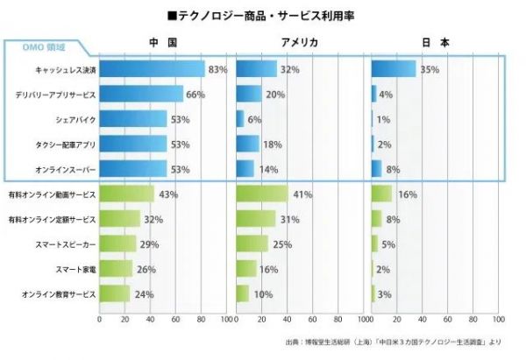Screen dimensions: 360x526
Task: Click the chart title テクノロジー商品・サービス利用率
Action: click(x=262, y=15)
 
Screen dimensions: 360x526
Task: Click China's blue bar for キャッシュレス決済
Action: click(x=152, y=68)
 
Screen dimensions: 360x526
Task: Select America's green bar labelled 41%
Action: click(x=262, y=194)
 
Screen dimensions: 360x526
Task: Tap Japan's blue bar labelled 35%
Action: click(x=394, y=68)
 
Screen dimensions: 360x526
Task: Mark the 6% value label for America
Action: click(x=254, y=118)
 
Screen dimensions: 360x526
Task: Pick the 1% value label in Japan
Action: click(x=383, y=118)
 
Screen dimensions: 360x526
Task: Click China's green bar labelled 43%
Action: click(x=127, y=194)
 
